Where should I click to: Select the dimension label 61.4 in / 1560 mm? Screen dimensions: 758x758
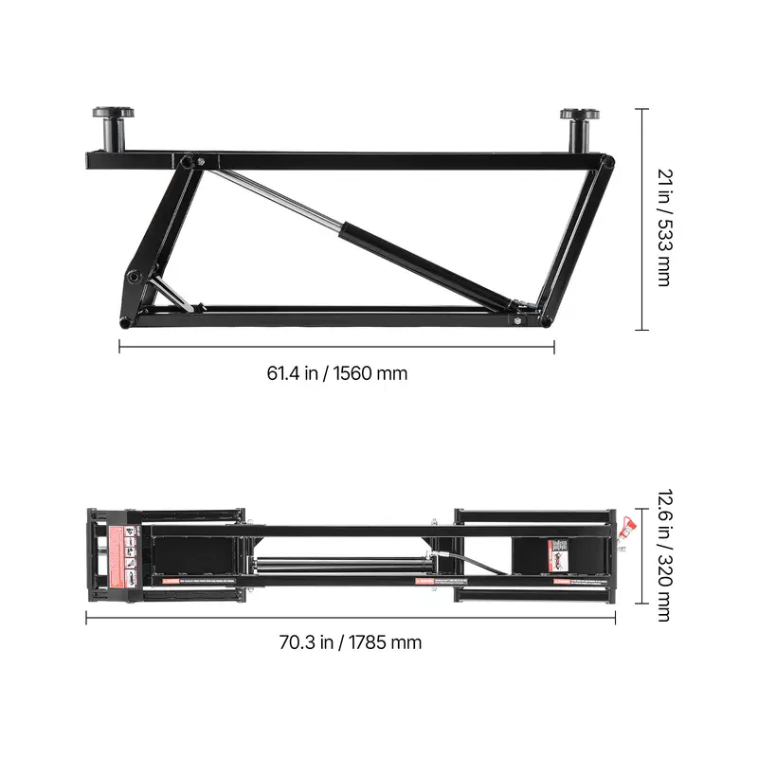pyautogui.click(x=336, y=373)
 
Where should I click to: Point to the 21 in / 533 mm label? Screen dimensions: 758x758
pyautogui.click(x=664, y=220)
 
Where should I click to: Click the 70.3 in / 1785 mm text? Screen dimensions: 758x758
pyautogui.click(x=350, y=642)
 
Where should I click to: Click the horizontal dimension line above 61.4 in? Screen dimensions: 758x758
pyautogui.click(x=336, y=347)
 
